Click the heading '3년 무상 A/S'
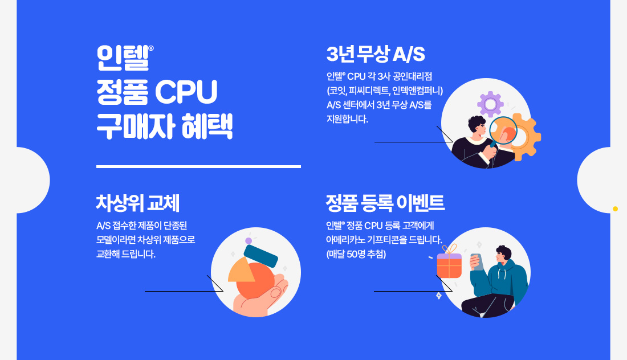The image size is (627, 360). pyautogui.click(x=376, y=54)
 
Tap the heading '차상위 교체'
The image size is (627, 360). pyautogui.click(x=137, y=203)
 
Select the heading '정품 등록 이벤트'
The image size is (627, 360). pyautogui.click(x=385, y=203)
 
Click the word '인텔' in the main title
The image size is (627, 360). pyautogui.click(x=123, y=58)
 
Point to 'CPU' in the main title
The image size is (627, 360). pyautogui.click(x=186, y=92)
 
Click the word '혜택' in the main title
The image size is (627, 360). pyautogui.click(x=207, y=126)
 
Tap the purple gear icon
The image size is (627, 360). pyautogui.click(x=490, y=104)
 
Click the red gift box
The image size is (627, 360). pyautogui.click(x=449, y=265)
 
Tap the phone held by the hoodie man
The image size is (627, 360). pyautogui.click(x=477, y=262)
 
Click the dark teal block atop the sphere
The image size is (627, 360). pyautogui.click(x=260, y=256)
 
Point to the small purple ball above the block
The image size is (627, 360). pyautogui.click(x=249, y=240)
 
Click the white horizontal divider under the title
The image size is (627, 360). pyautogui.click(x=198, y=167)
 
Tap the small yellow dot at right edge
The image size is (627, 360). pyautogui.click(x=616, y=209)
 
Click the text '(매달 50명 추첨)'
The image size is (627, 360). pyautogui.click(x=356, y=254)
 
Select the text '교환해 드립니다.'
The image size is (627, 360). pyautogui.click(x=126, y=254)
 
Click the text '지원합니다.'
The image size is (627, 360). pyautogui.click(x=347, y=119)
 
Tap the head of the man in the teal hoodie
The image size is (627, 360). pyautogui.click(x=503, y=255)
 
